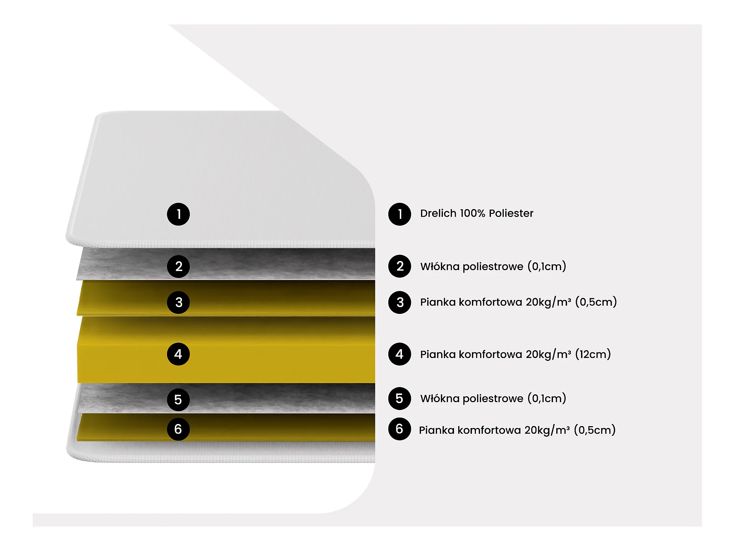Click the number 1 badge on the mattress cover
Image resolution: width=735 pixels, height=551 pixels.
(178, 214)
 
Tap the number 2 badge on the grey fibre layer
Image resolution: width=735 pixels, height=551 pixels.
(178, 266)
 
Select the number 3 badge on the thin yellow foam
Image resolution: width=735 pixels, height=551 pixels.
(178, 302)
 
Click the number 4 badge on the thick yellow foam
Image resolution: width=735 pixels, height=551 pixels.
(178, 354)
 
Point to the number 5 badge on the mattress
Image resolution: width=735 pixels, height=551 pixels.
(178, 400)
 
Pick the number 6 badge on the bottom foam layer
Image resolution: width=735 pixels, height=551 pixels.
(178, 429)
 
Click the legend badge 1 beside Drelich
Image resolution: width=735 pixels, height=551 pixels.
(399, 214)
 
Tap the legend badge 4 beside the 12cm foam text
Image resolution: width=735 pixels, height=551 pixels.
(399, 354)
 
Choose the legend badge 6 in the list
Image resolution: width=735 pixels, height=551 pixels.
(399, 429)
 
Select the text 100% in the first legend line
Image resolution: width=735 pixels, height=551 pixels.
(472, 213)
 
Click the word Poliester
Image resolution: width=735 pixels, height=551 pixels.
(511, 213)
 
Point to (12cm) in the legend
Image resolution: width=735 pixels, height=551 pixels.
(593, 354)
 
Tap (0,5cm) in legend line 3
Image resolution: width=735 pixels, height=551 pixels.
(596, 302)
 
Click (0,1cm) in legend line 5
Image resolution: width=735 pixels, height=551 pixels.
(547, 399)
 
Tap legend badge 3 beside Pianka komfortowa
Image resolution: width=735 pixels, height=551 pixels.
(399, 302)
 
